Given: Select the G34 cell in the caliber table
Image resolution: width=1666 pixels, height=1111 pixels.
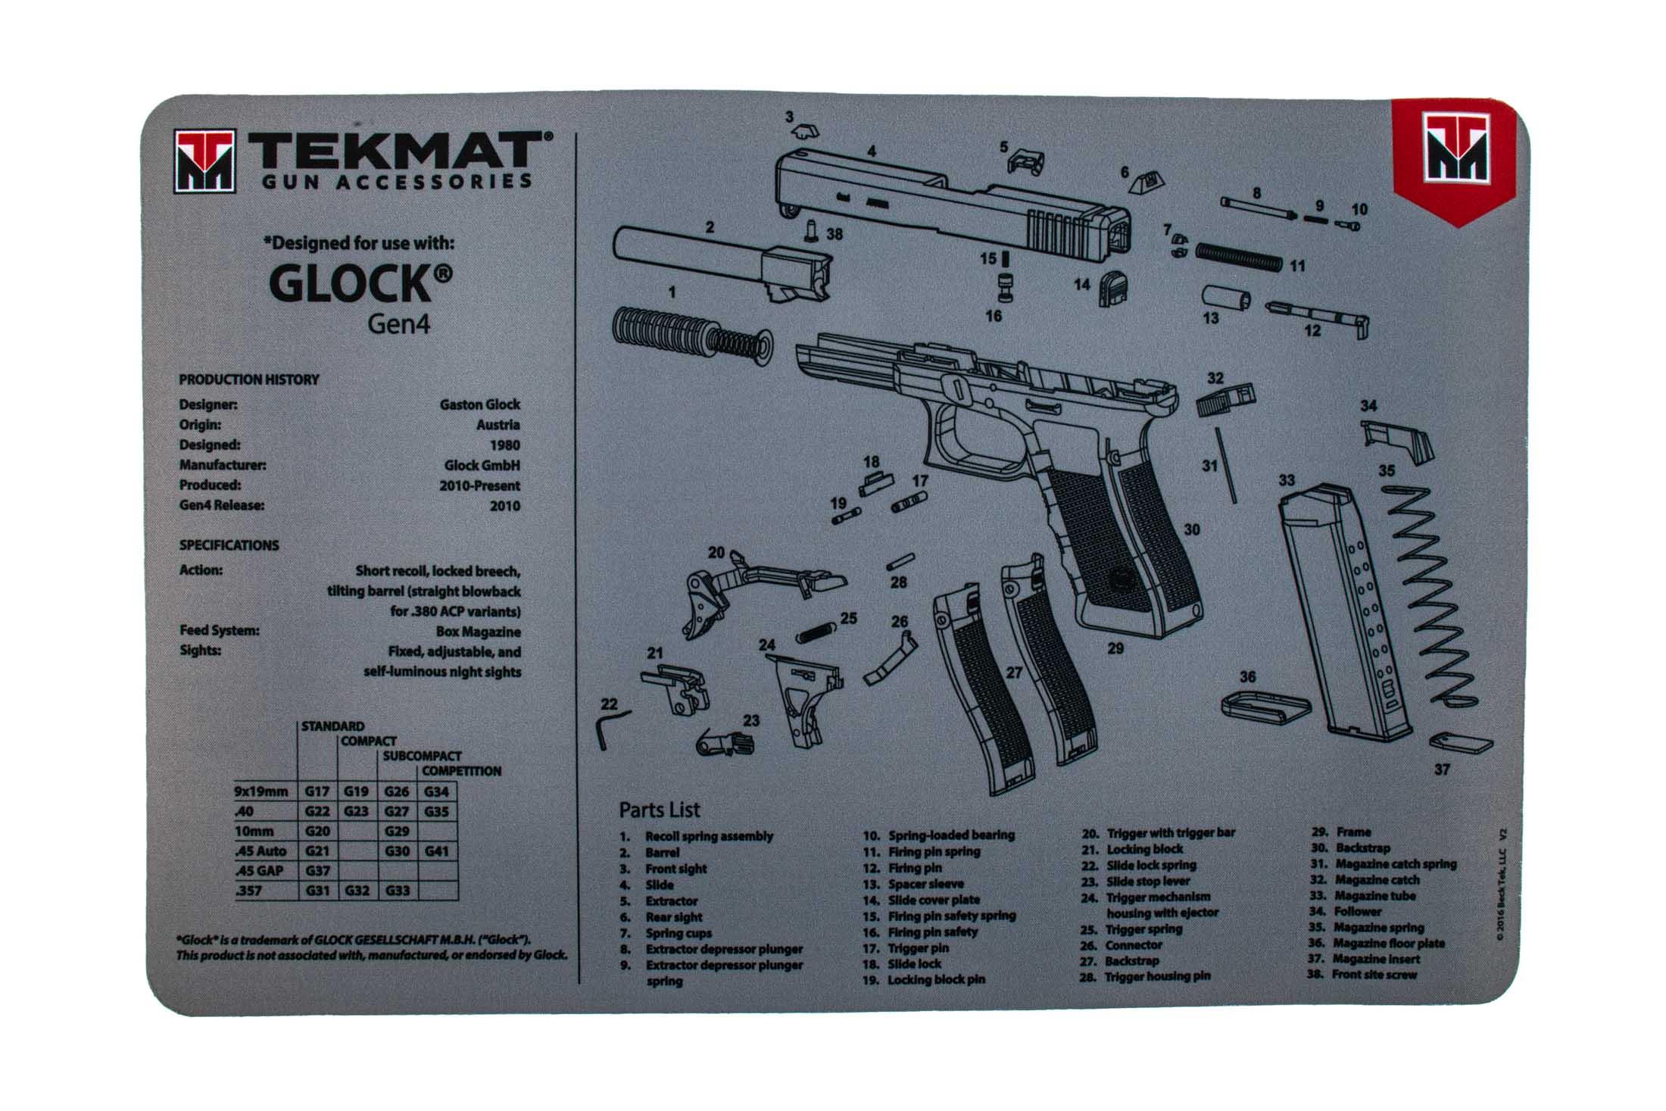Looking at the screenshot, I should coord(437,791).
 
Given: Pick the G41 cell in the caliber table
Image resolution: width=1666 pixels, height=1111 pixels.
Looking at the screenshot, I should coord(437,850).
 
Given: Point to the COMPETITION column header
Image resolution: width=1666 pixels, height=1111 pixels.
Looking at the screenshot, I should coord(461,771).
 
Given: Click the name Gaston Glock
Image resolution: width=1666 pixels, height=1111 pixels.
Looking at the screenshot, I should coord(480,404).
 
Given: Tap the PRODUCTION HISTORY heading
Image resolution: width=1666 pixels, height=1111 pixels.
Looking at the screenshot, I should coord(248,379).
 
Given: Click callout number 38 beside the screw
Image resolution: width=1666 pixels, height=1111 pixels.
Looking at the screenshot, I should coord(835,234).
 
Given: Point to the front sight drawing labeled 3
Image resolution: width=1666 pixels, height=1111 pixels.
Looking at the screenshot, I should coord(805,133).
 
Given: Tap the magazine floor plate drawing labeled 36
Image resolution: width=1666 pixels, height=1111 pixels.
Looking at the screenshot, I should coord(1265,705).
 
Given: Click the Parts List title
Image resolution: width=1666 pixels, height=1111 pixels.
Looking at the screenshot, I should coord(659,810).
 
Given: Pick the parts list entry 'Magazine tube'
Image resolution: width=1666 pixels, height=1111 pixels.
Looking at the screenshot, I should coord(1375,896).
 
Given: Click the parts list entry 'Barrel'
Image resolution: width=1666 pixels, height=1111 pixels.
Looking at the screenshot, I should coord(662,853).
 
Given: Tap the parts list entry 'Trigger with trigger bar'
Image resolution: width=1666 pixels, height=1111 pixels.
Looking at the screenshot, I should coord(1170,833).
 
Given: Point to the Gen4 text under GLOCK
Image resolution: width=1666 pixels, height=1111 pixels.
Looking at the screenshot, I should coord(398,324).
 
